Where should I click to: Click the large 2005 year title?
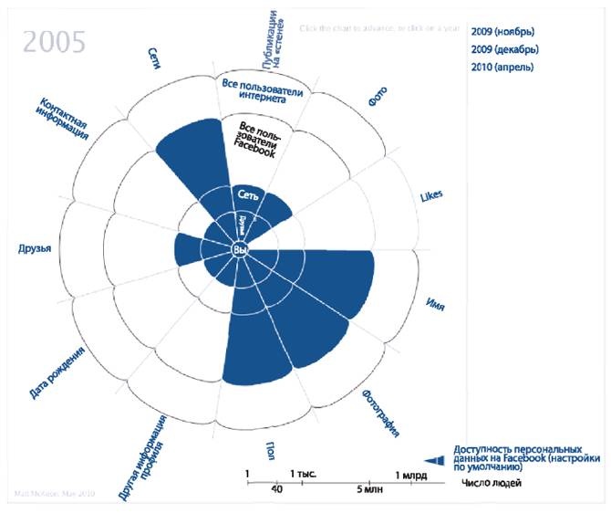pyautogui.click(x=55, y=41)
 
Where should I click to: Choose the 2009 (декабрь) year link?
pyautogui.click(x=505, y=49)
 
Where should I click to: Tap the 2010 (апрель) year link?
pyautogui.click(x=502, y=67)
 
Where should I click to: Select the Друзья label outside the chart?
pyautogui.click(x=34, y=248)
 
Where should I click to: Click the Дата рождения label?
pyautogui.click(x=57, y=373)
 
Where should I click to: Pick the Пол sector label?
pyautogui.click(x=271, y=449)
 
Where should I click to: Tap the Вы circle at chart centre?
pyautogui.click(x=240, y=249)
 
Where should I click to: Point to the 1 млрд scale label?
pyautogui.click(x=411, y=476)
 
